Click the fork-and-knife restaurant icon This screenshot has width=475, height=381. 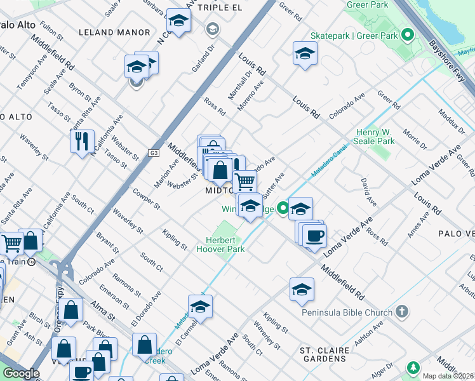[x=82, y=140]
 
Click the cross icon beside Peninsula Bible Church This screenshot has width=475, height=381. [x=401, y=312]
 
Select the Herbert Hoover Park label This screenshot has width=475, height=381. [x=225, y=244]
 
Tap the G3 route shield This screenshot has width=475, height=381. [x=154, y=152]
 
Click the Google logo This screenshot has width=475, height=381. [x=21, y=373]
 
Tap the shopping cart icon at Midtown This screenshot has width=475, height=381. [x=244, y=181]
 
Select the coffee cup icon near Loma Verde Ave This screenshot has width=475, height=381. [x=314, y=236]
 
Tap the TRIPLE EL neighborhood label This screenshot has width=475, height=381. [x=221, y=7]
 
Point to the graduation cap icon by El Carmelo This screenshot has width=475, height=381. [x=200, y=306]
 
